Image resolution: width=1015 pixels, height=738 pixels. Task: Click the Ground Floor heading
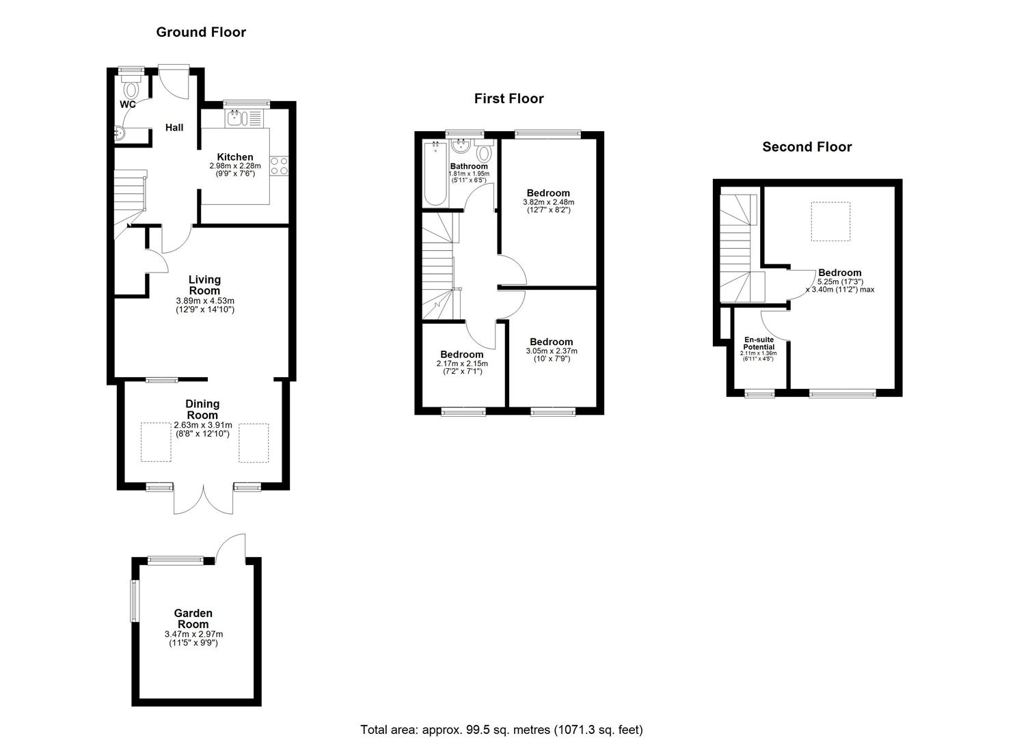click(201, 32)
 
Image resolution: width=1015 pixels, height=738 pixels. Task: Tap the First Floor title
click(509, 99)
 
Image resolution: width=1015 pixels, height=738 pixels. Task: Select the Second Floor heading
click(807, 147)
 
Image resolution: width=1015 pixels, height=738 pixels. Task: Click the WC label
click(128, 105)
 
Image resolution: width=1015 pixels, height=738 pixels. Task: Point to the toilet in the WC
click(131, 86)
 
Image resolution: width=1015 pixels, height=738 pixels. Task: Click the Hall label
click(174, 128)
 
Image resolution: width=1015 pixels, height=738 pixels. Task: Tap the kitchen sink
click(237, 118)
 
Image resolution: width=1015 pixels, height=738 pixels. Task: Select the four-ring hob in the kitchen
click(279, 166)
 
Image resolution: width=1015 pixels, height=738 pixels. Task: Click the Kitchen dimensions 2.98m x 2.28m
click(235, 166)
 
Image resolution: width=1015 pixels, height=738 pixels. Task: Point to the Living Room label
click(205, 286)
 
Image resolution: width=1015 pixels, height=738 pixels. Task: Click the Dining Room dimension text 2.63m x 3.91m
click(203, 426)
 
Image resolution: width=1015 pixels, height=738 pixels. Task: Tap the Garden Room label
click(193, 619)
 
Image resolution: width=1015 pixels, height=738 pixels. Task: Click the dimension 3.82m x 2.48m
click(549, 202)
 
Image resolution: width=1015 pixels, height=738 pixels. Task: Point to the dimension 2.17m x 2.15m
click(462, 364)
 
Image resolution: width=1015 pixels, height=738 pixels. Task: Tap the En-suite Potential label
click(759, 344)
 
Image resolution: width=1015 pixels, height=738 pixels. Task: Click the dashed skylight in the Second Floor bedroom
click(830, 221)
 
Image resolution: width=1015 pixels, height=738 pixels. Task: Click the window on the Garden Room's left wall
click(134, 601)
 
